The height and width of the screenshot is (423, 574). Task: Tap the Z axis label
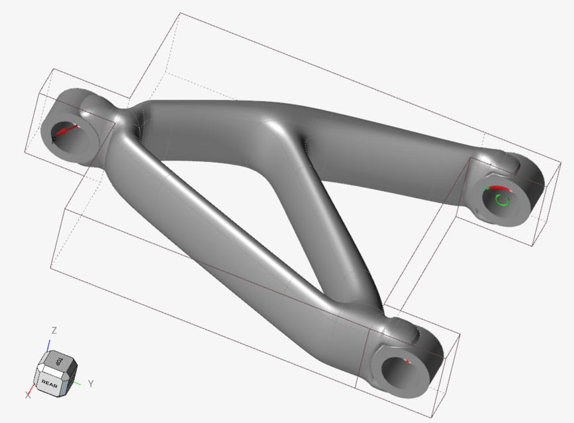point(54,330)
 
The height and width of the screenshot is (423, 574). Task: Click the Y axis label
point(90,383)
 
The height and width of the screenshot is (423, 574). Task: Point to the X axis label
point(28,395)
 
